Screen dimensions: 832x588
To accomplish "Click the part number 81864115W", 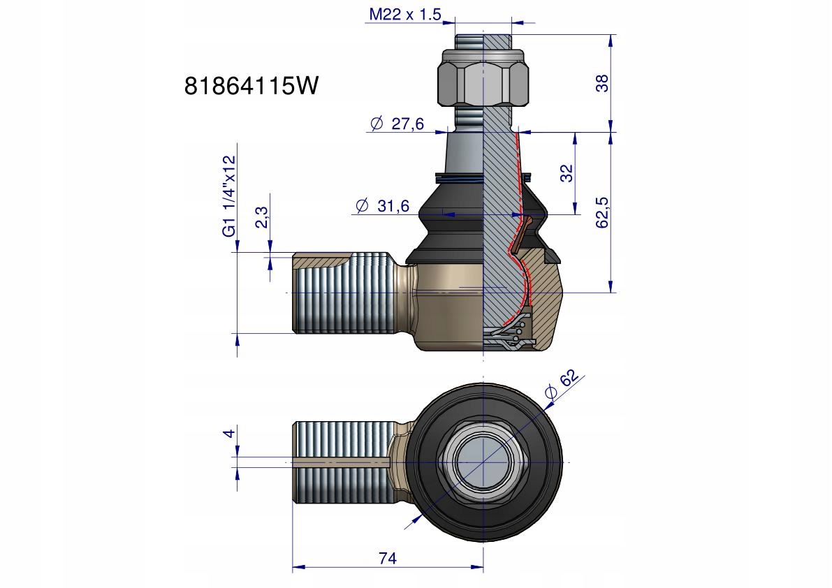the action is pos(251,85).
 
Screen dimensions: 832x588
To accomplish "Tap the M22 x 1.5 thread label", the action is pos(405,14).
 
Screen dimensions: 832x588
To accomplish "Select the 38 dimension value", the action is pos(602,83).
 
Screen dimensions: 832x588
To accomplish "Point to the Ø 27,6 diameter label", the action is pos(397,124).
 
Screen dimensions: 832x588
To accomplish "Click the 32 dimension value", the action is pos(567,173).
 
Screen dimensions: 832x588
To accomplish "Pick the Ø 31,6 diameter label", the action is pos(382,205).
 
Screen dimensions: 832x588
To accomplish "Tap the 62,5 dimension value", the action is pos(602,212).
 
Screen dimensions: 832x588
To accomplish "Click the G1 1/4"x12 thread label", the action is pos(228,196).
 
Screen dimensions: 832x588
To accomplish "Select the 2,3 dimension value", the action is pos(262,217).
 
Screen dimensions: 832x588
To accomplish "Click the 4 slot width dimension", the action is pos(228,433).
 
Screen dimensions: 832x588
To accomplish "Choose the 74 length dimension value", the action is pos(387,558).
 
